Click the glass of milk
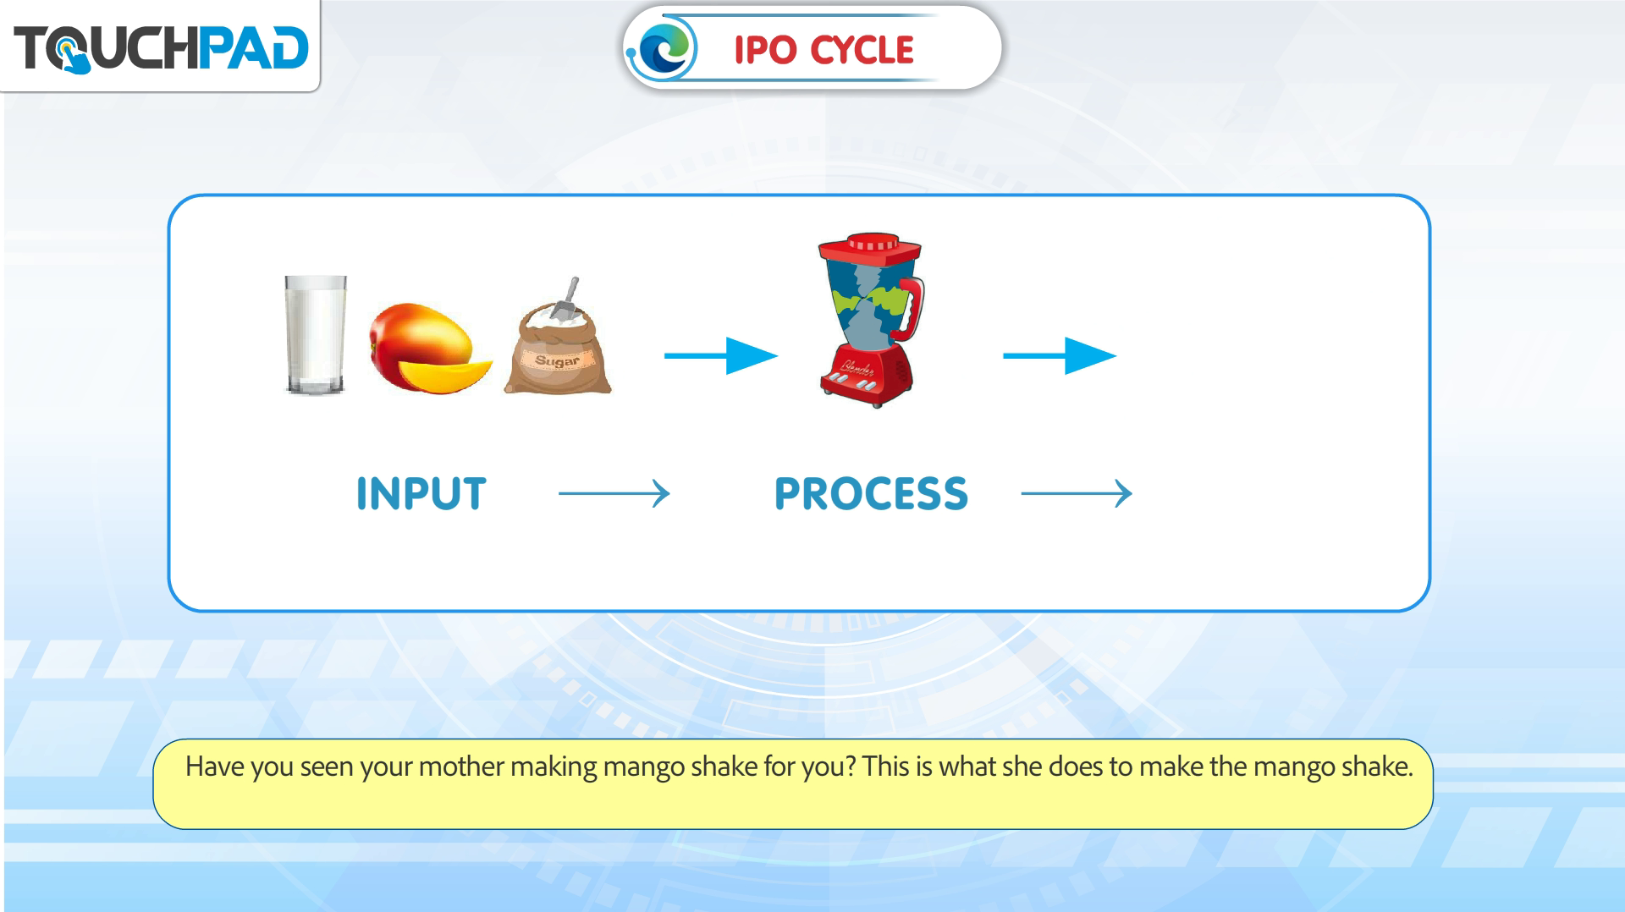pos(316,335)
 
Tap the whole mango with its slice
pos(430,348)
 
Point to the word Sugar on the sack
pos(557,361)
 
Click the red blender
pos(870,321)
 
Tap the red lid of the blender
pos(869,250)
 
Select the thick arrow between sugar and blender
pos(720,355)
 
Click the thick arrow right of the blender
pos(1060,355)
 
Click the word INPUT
pos(421,493)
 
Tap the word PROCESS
pos(871,493)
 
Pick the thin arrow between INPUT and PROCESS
pos(614,493)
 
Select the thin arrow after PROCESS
pos(1077,493)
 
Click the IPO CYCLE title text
pos(824,49)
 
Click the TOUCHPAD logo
pos(161,47)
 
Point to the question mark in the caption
pos(850,766)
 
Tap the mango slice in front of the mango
pos(445,373)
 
